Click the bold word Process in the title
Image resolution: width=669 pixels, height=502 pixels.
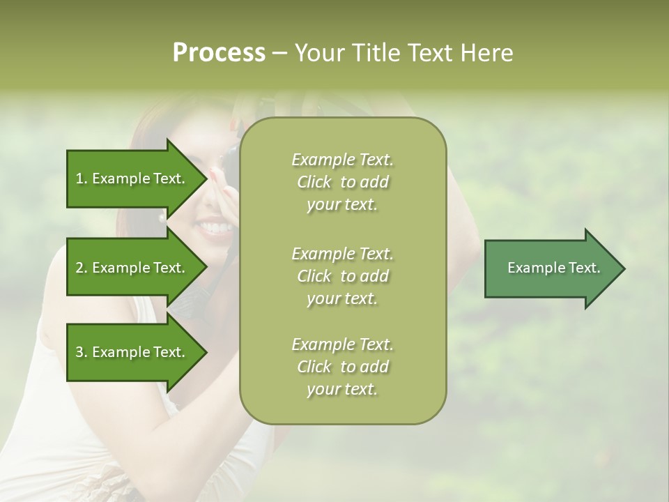[219, 53]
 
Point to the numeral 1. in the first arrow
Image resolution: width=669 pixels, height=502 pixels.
[82, 178]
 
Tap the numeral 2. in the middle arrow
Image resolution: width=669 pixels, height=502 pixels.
[82, 268]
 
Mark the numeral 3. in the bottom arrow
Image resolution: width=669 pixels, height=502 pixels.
[82, 352]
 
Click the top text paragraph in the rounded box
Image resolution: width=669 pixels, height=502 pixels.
[342, 182]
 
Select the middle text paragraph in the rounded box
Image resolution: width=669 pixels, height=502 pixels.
[342, 276]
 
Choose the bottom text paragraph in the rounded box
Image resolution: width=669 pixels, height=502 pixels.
[342, 367]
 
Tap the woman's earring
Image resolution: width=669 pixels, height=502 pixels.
[162, 218]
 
